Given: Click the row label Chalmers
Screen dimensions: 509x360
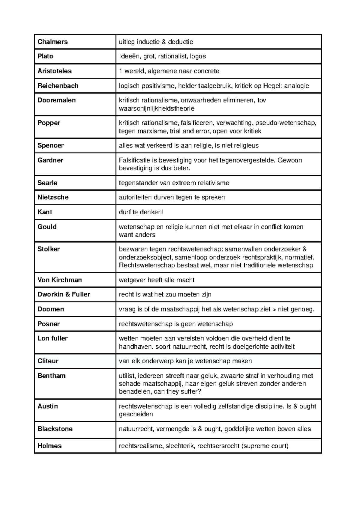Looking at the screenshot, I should point(52,42).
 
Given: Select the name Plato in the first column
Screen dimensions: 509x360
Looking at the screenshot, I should point(45,56).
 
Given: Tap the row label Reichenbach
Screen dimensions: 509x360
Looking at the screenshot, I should point(58,86).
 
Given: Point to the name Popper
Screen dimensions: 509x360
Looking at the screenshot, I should point(49,123).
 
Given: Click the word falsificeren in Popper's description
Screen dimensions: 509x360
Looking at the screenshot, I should point(193,123).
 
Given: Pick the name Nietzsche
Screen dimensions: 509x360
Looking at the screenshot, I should point(53,197).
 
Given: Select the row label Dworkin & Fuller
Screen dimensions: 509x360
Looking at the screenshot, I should point(64,294).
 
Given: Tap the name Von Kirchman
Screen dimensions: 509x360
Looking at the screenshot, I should point(59,280).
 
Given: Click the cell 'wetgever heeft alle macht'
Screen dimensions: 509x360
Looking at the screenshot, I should point(157,280).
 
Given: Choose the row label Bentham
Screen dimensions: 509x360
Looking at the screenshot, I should point(51,376).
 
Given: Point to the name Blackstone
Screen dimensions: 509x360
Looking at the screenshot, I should point(55,429).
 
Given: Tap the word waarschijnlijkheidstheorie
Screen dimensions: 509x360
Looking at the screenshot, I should point(157,109).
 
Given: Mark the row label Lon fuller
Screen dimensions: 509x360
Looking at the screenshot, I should point(52,338).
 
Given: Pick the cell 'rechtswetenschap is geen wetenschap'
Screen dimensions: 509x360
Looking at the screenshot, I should point(176,324).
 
